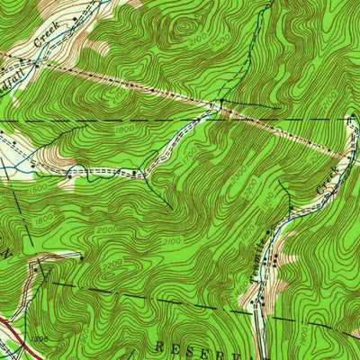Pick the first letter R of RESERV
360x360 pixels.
tap(157, 346)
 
